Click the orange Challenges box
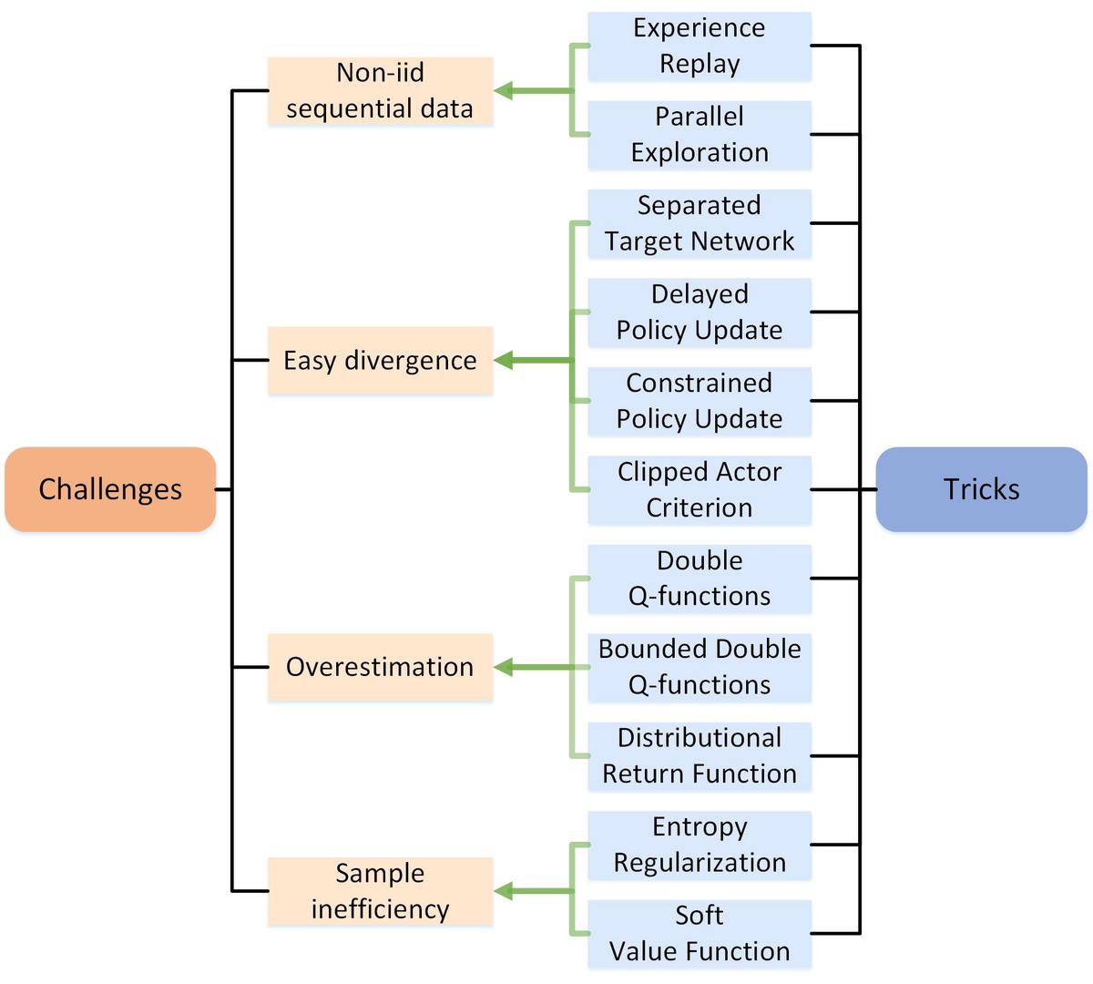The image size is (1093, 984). [x=110, y=489]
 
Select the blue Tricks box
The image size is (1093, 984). [x=981, y=489]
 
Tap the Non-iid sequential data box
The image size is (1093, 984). [x=380, y=91]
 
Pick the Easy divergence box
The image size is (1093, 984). [x=380, y=361]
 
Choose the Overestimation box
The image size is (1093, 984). [x=380, y=667]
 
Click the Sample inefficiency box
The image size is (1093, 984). [x=380, y=891]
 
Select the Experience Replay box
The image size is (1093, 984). [x=699, y=46]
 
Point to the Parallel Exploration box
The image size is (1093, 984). [x=699, y=135]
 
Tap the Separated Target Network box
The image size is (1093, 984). [x=699, y=223]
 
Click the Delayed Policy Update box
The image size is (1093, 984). [x=699, y=313]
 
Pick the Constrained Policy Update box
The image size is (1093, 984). [x=699, y=401]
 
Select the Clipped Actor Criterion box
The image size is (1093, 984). [x=699, y=489]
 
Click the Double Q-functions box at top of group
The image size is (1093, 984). [x=699, y=579]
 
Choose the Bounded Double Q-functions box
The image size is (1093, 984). [x=699, y=667]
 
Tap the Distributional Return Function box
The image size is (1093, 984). [x=699, y=756]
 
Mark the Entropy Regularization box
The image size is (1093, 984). [x=699, y=845]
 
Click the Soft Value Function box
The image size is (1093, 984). [x=699, y=933]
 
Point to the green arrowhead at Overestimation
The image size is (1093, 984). [x=504, y=667]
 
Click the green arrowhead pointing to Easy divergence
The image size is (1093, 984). [x=504, y=361]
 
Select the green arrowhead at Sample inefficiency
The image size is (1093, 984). [x=504, y=891]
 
